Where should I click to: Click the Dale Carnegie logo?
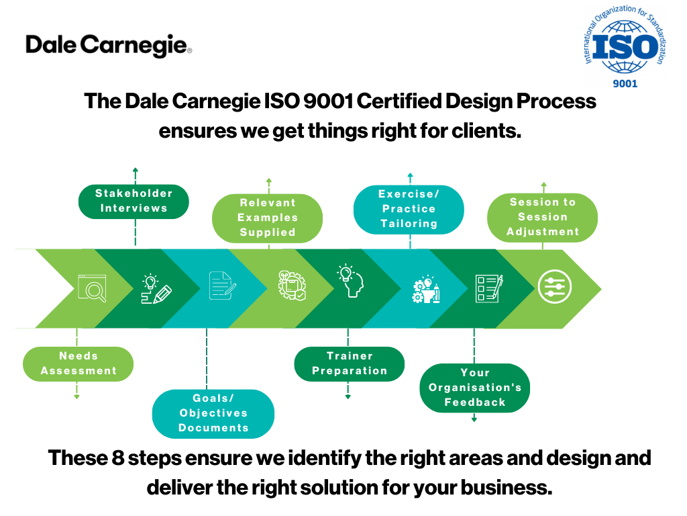pos(109,45)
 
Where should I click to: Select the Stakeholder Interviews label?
pos(134,202)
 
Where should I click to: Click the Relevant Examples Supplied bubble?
pos(267,218)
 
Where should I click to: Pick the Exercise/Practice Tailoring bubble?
pos(409,210)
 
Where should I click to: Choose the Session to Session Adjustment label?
pos(542,217)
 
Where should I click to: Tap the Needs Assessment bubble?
pos(78,363)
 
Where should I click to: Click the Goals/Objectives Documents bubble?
pos(213,414)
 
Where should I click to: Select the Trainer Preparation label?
pos(349,363)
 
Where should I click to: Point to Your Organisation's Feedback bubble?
pos(475,388)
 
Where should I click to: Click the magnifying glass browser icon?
pos(92,288)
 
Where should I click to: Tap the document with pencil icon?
pos(223,286)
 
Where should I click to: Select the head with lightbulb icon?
pos(350,281)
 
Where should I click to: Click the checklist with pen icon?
pos(489,288)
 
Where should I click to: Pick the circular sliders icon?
pos(555,287)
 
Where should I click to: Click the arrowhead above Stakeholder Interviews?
pos(136,170)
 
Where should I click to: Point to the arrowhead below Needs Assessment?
pos(76,396)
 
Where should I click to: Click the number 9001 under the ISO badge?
pos(625,83)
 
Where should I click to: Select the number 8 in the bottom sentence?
pos(118,458)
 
